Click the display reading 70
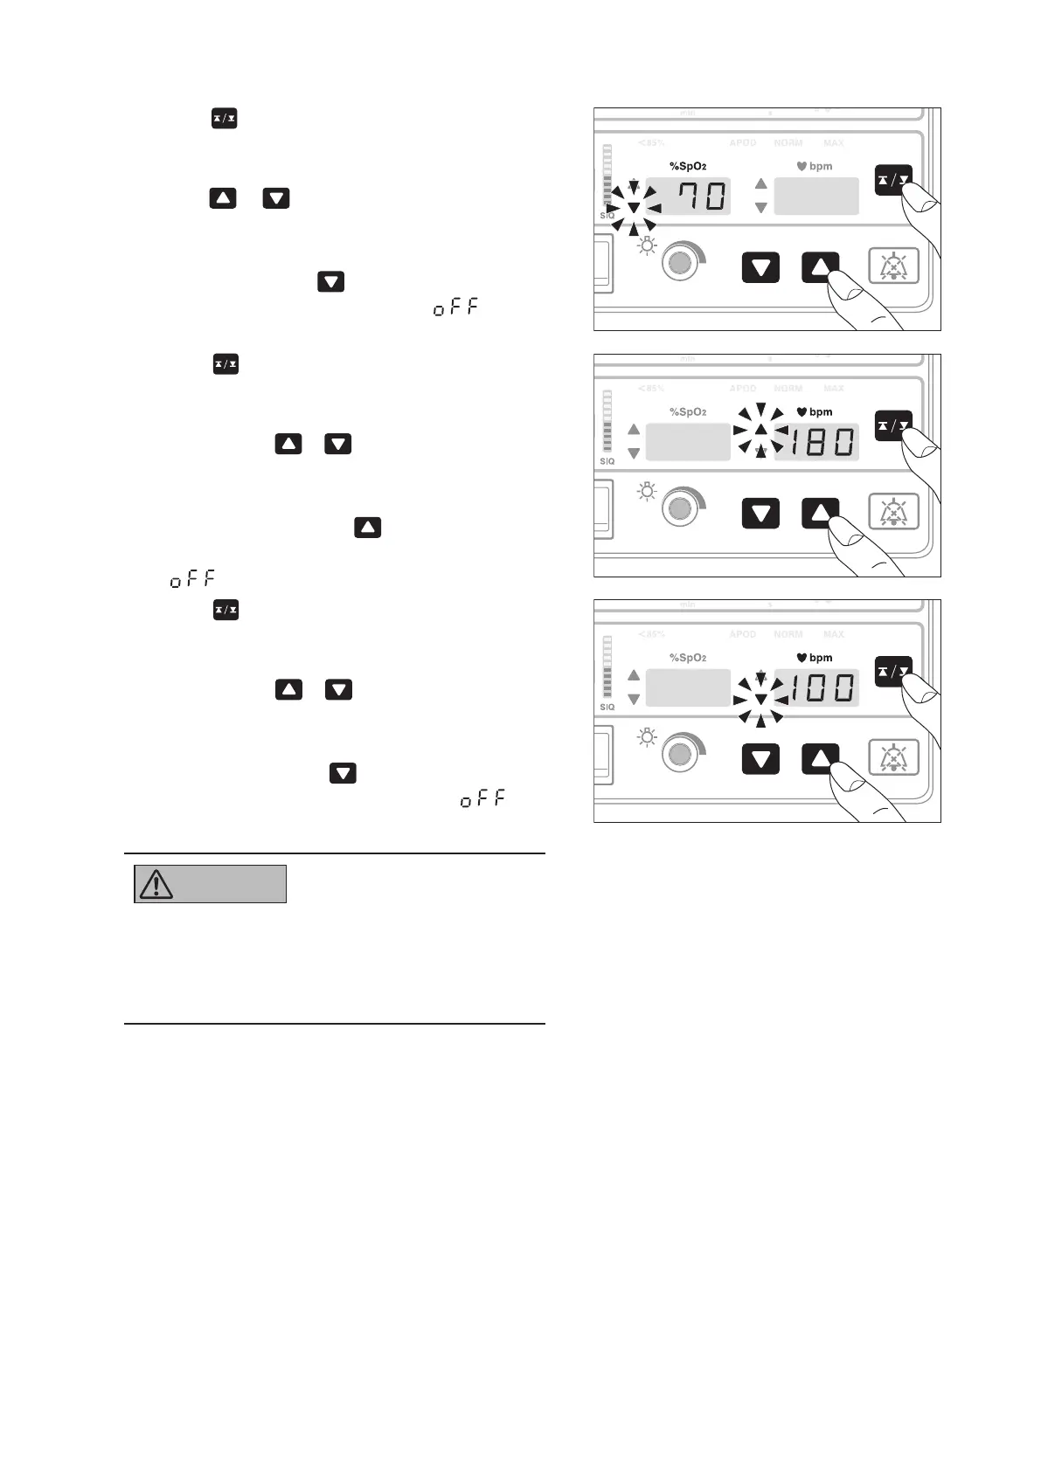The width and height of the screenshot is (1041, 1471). tap(699, 196)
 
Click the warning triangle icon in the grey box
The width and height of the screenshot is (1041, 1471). tap(156, 884)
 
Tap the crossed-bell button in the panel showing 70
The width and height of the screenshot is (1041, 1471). tap(893, 266)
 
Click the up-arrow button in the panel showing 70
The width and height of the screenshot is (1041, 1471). tap(819, 266)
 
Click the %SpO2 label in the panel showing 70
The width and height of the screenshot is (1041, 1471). tap(688, 166)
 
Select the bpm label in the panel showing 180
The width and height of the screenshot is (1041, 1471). tap(821, 412)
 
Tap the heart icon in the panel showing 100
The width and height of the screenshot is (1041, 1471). tap(801, 658)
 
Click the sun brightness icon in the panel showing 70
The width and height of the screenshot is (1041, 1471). tap(647, 245)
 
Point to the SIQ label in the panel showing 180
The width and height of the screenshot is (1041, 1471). tap(607, 461)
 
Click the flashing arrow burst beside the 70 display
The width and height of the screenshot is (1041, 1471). tap(634, 208)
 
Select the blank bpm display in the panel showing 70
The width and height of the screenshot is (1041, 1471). tap(816, 196)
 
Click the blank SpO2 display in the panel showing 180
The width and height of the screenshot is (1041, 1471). tap(688, 442)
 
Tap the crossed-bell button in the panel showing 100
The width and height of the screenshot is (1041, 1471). tap(893, 757)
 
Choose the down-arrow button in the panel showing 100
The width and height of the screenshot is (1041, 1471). tap(760, 758)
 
